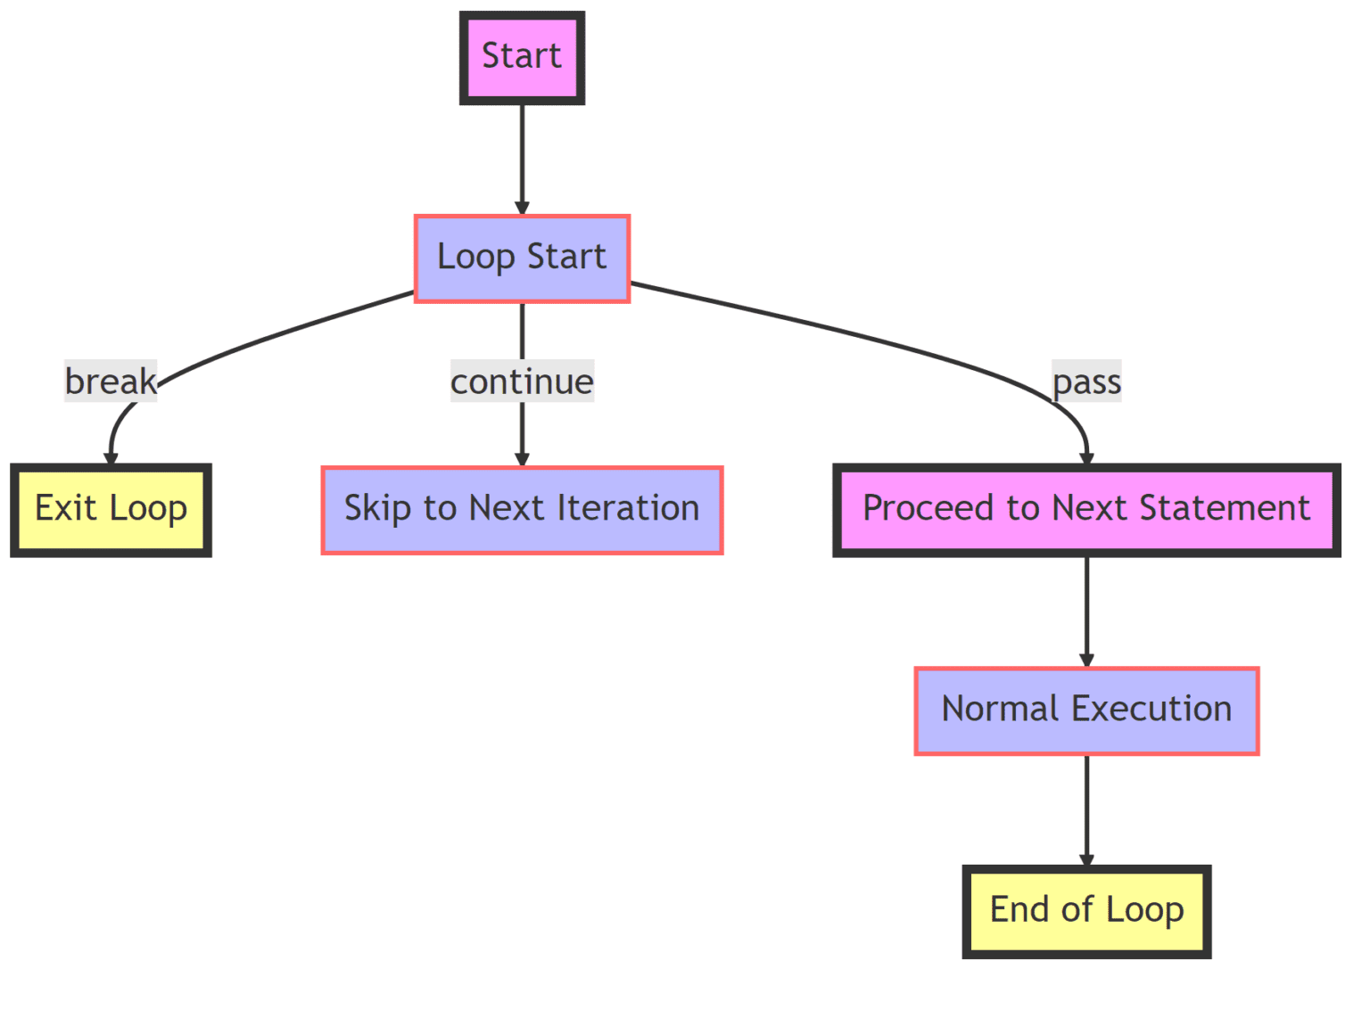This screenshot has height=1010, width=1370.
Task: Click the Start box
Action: click(x=523, y=58)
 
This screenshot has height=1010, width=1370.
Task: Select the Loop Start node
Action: click(x=523, y=259)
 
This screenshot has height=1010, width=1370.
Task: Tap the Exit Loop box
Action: click(x=111, y=511)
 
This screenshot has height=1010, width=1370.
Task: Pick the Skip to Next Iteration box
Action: click(x=523, y=511)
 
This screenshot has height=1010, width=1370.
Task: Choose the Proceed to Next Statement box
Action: click(x=1087, y=511)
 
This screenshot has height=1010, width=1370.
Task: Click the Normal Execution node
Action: click(x=1087, y=711)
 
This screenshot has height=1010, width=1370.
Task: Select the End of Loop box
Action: click(x=1087, y=912)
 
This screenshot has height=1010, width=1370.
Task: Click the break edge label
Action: click(x=111, y=381)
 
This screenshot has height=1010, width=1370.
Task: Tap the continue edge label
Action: click(x=523, y=381)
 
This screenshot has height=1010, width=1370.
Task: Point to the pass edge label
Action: click(x=1087, y=381)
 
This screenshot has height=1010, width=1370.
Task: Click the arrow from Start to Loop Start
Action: click(x=523, y=160)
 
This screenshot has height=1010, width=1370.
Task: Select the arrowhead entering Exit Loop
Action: click(x=111, y=458)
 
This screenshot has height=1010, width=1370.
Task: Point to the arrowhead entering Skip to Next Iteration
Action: click(x=523, y=460)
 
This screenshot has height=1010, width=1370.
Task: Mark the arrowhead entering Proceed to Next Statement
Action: click(x=1087, y=458)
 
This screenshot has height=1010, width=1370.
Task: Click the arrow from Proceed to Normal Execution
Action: click(x=1087, y=612)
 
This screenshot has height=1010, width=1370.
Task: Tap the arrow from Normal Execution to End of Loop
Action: click(x=1087, y=811)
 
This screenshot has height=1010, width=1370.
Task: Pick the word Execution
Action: click(x=1152, y=710)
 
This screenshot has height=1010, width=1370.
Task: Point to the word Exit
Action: click(x=65, y=508)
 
